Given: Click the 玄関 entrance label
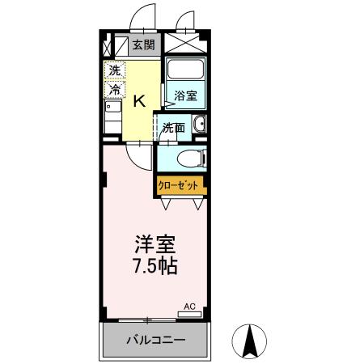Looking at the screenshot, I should click(x=144, y=45).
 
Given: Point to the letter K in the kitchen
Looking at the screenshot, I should click(x=138, y=100).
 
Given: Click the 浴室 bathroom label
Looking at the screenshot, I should click(x=185, y=95).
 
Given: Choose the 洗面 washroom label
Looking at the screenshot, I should click(x=173, y=127).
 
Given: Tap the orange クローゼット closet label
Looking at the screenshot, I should click(x=178, y=184).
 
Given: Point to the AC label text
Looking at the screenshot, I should click(x=189, y=307).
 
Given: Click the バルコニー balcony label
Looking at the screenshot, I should click(x=155, y=341).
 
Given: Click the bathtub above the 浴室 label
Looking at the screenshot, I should click(x=185, y=72).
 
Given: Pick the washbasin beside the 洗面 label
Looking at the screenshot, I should click(x=198, y=125).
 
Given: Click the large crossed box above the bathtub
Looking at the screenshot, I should click(x=185, y=44).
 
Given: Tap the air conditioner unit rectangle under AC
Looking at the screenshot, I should click(x=188, y=313).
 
